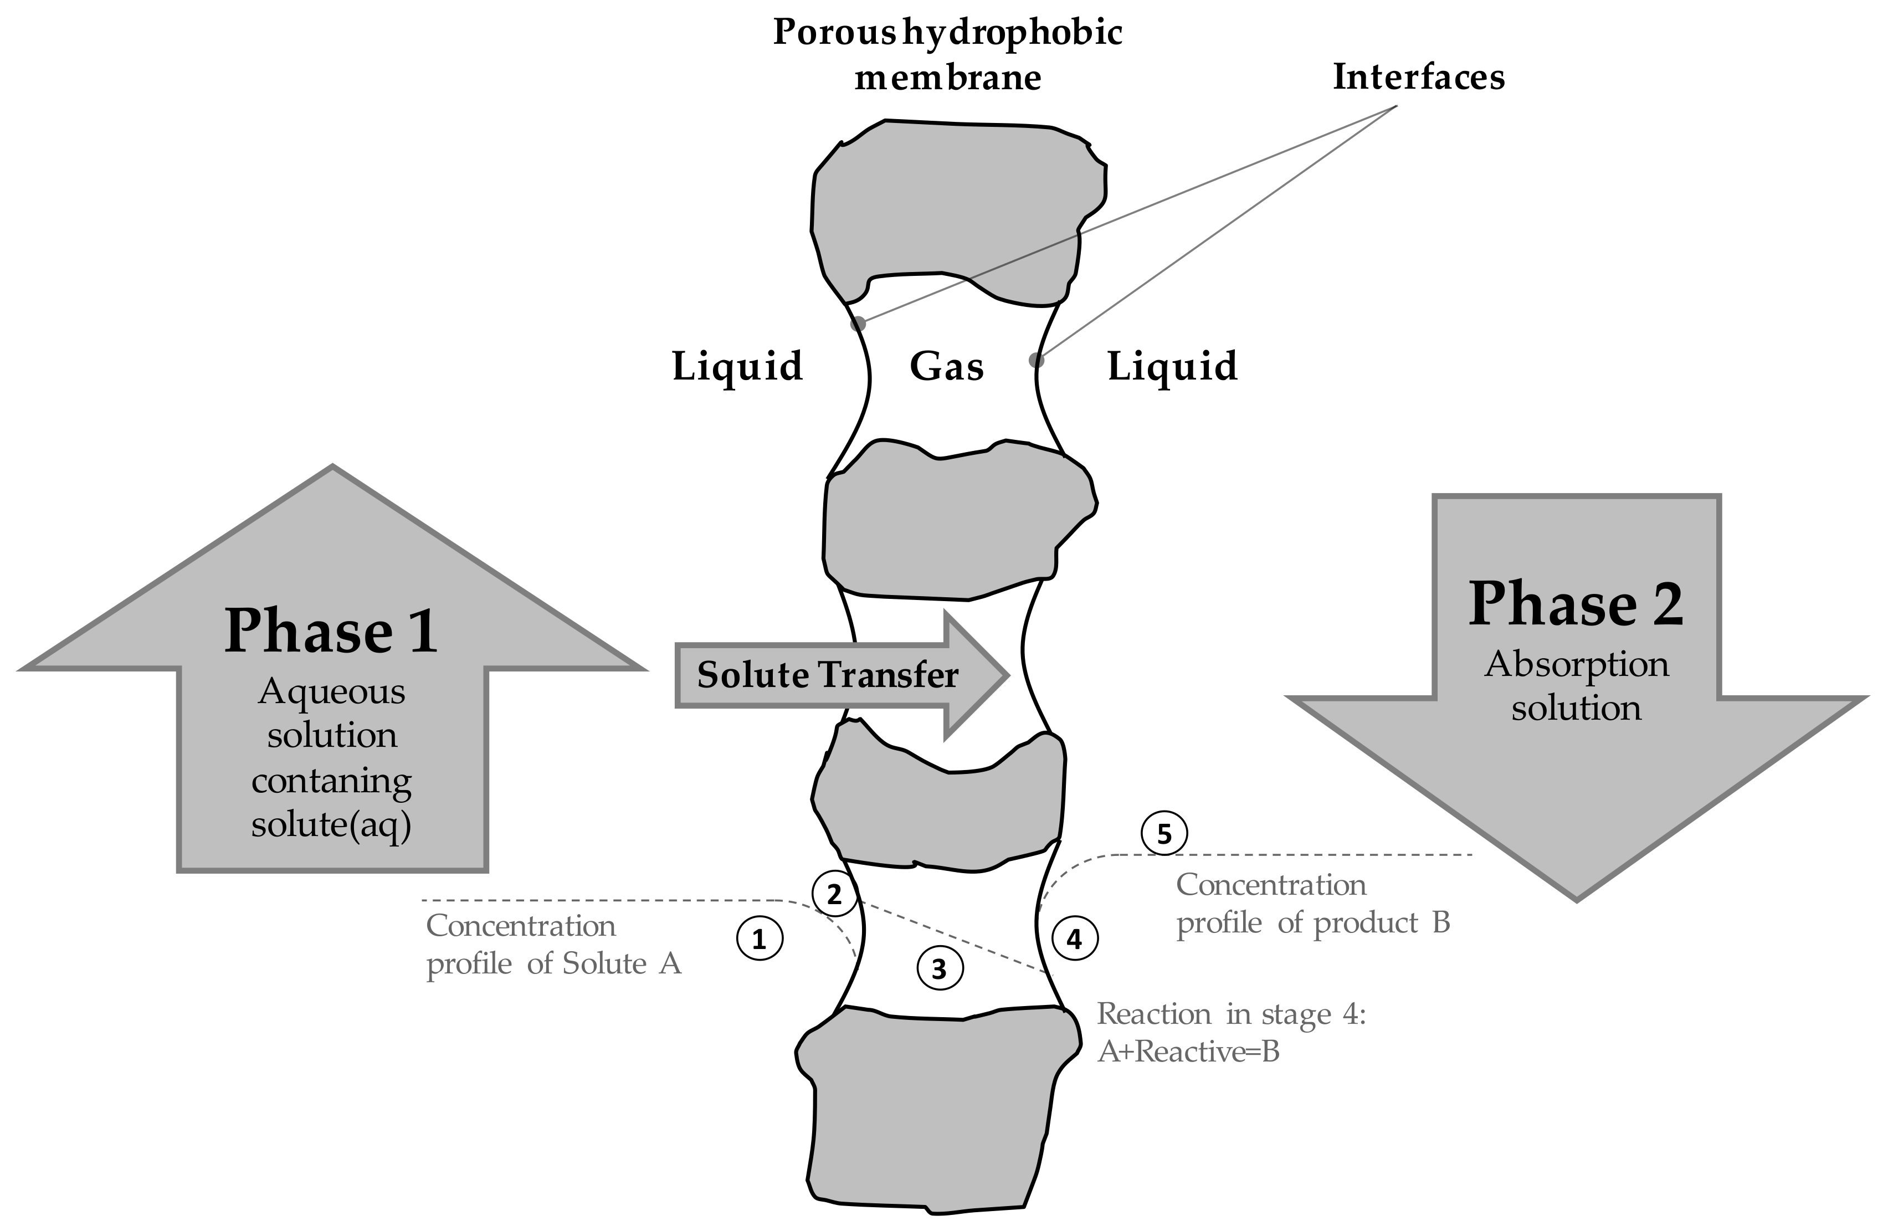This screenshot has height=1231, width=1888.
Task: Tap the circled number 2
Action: [x=834, y=895]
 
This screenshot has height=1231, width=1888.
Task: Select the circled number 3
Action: [x=939, y=968]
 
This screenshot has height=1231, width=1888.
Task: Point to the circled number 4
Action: [x=1074, y=939]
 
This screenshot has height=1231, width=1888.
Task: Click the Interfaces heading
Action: [x=1418, y=78]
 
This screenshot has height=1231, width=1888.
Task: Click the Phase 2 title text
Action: [x=1576, y=604]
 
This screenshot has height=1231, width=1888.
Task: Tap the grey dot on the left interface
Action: [x=858, y=324]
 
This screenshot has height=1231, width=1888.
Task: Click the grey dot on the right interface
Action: [x=1036, y=360]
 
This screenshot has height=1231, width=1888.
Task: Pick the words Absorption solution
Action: [x=1576, y=686]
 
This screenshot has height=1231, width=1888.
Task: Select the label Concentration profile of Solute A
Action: [x=553, y=945]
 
